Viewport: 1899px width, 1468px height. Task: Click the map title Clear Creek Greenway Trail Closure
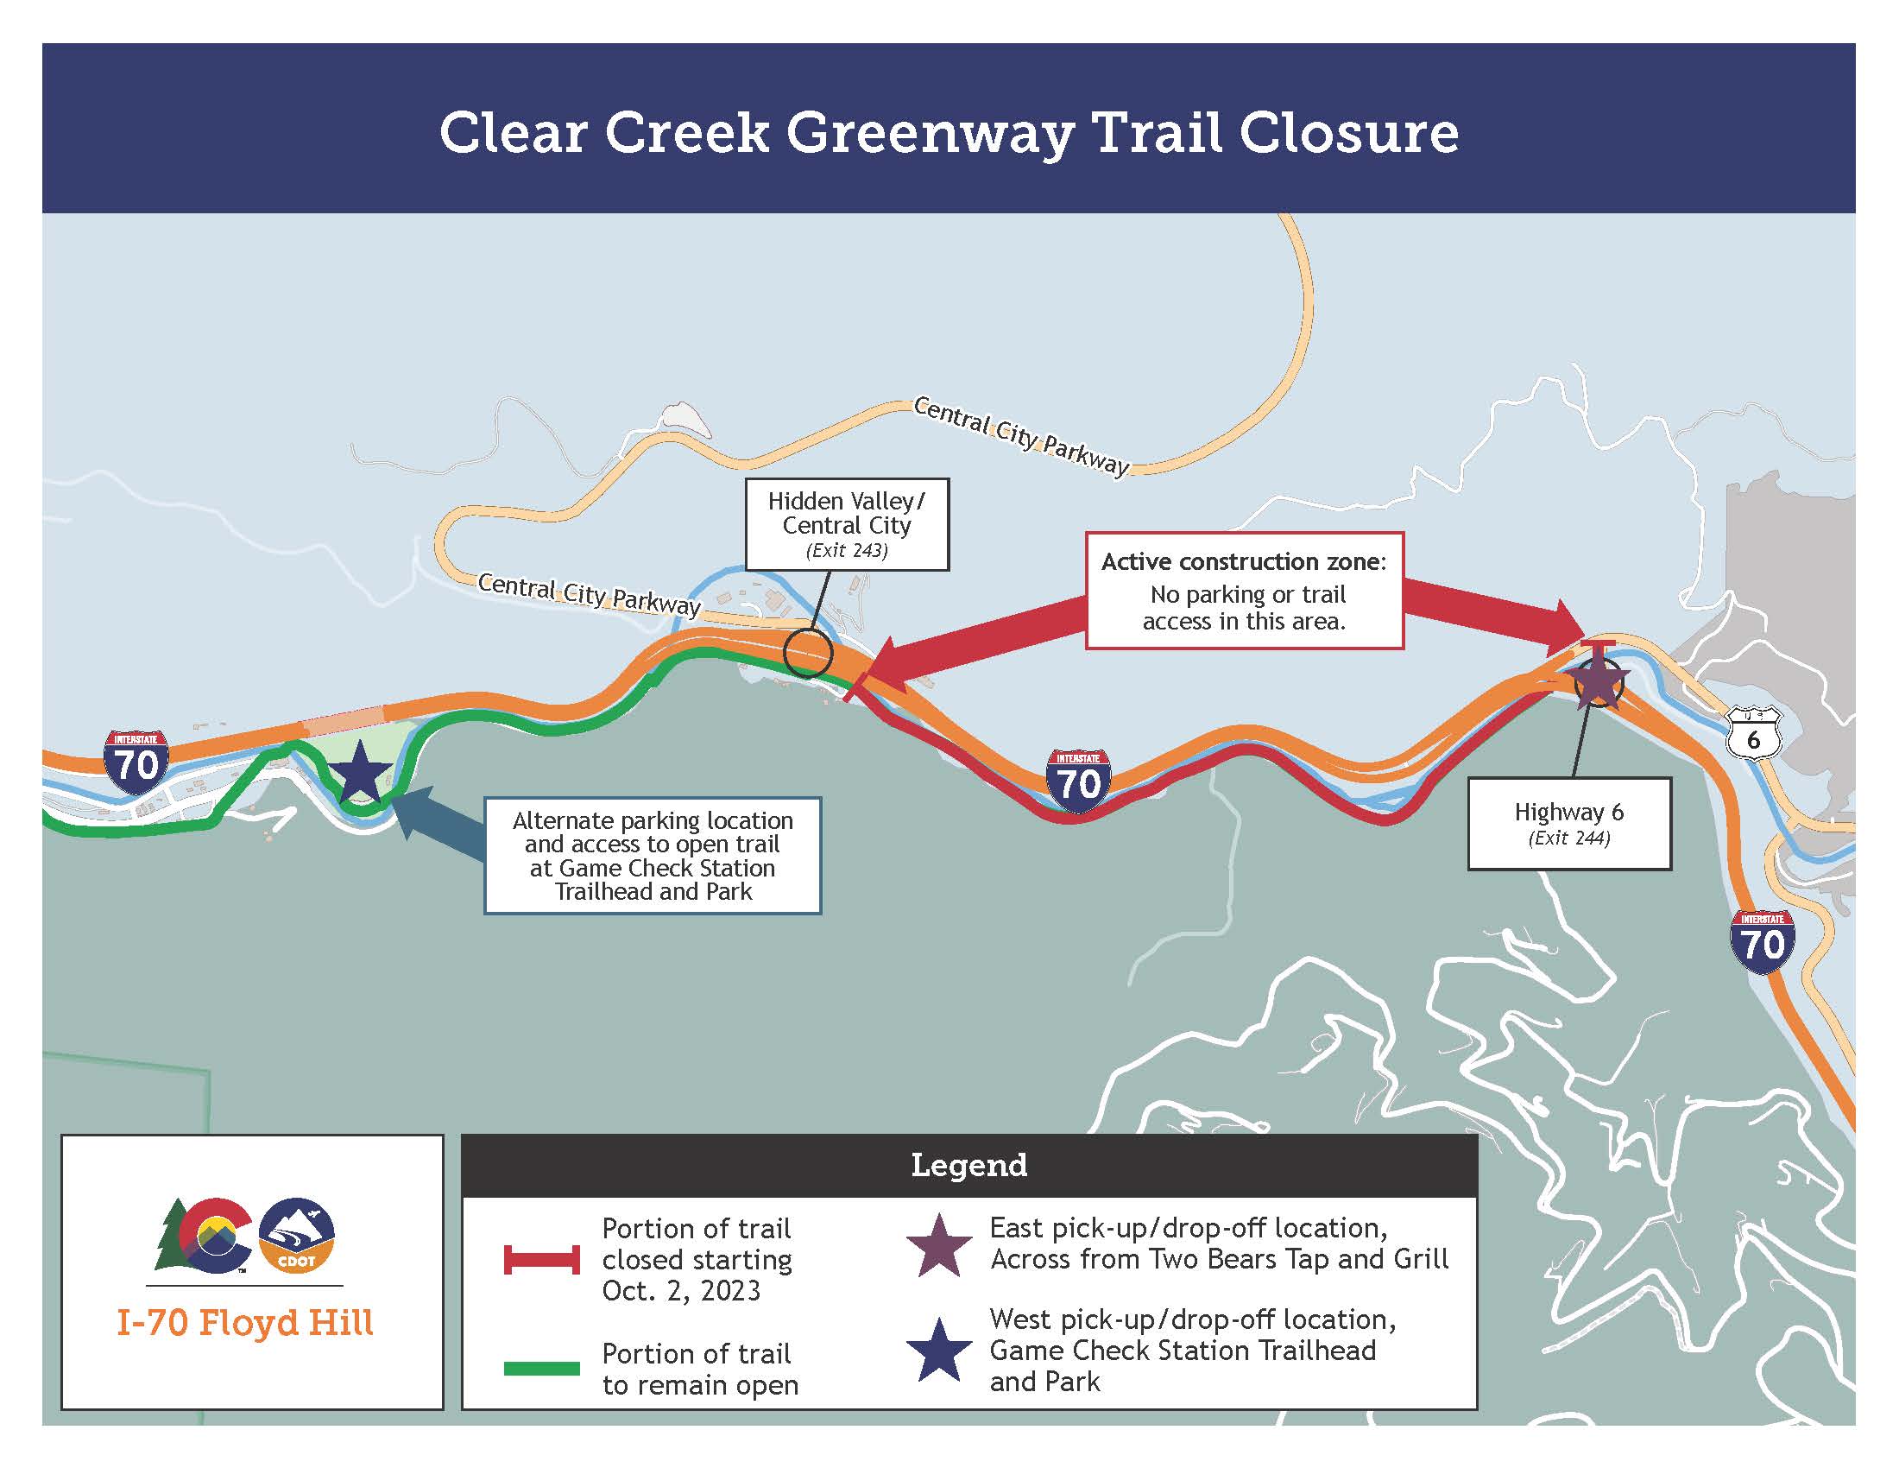[948, 133]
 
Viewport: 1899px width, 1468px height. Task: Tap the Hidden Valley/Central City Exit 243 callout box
[846, 523]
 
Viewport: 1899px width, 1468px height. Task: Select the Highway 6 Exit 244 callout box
[1568, 823]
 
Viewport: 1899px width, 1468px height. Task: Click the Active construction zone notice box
[1243, 592]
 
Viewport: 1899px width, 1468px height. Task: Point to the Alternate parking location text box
[652, 855]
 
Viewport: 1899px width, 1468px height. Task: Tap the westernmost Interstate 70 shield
[136, 762]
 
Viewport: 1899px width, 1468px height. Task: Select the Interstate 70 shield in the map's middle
[1078, 781]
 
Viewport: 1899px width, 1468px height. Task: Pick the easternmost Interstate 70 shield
[1762, 941]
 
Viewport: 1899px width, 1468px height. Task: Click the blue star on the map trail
[359, 772]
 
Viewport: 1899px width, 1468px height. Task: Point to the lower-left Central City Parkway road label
[589, 594]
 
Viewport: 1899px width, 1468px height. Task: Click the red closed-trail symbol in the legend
[542, 1259]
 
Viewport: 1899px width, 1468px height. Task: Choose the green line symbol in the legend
[542, 1368]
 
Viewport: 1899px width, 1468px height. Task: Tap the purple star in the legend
[939, 1245]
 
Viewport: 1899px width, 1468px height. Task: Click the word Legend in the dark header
[968, 1166]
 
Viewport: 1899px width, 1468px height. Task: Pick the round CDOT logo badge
[296, 1235]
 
